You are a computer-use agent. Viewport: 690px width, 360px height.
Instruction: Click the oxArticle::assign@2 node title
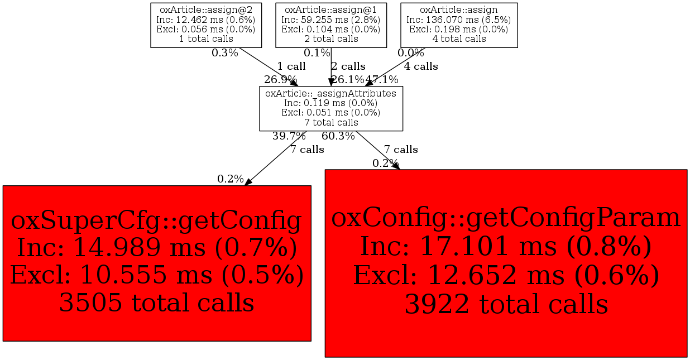(x=206, y=10)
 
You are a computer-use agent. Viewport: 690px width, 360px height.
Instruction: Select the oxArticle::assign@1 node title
(x=331, y=10)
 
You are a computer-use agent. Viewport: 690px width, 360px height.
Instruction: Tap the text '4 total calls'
(x=459, y=39)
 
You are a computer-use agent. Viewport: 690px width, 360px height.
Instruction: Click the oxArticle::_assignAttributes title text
(x=331, y=93)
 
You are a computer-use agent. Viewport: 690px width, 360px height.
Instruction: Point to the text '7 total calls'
(x=331, y=123)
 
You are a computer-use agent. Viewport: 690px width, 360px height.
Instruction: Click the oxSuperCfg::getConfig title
(x=156, y=221)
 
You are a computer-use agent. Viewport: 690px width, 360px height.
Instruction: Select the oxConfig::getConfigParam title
(x=506, y=218)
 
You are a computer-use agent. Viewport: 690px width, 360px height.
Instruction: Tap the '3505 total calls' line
(x=156, y=303)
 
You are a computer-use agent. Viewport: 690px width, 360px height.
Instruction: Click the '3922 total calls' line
(x=506, y=304)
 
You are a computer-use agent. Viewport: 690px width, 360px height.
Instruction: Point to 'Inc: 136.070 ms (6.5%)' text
(x=459, y=20)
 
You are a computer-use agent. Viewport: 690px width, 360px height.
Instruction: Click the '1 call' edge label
(x=291, y=66)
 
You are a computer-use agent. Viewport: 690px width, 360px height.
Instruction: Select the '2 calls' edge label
(x=348, y=66)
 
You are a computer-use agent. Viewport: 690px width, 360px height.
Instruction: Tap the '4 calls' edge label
(x=421, y=66)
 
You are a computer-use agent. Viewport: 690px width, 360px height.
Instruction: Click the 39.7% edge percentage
(x=289, y=136)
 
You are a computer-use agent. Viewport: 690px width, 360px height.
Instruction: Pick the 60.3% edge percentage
(x=338, y=136)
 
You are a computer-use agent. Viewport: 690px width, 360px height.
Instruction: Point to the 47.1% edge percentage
(x=382, y=80)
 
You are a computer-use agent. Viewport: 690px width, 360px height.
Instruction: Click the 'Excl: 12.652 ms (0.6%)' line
(x=506, y=275)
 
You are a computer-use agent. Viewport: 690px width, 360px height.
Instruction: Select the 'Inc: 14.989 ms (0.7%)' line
(x=157, y=247)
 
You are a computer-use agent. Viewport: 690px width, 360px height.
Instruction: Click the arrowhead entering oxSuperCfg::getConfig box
(x=248, y=182)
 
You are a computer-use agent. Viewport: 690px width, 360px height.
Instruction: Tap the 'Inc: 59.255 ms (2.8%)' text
(x=331, y=20)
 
